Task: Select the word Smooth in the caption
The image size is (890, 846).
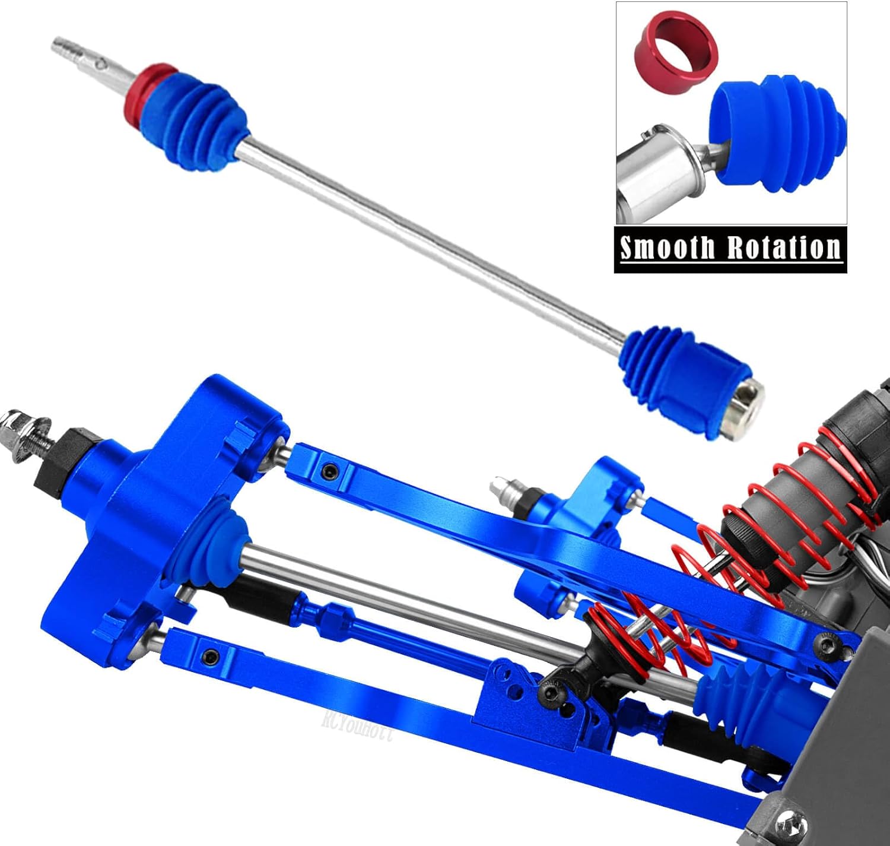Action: pos(666,248)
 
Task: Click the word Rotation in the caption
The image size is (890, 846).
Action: pos(784,248)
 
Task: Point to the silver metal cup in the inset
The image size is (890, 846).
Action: pos(653,172)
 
